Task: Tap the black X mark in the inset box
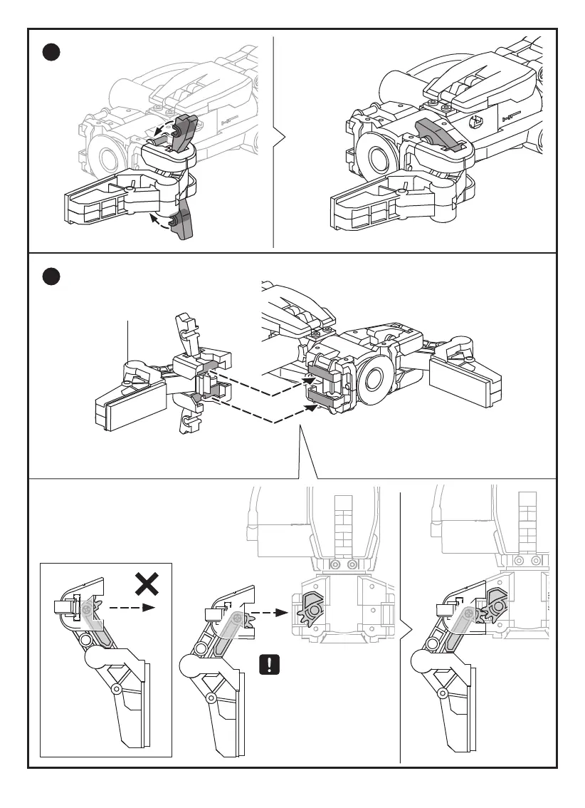pos(147,586)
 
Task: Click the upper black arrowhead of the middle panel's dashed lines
pos(310,380)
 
